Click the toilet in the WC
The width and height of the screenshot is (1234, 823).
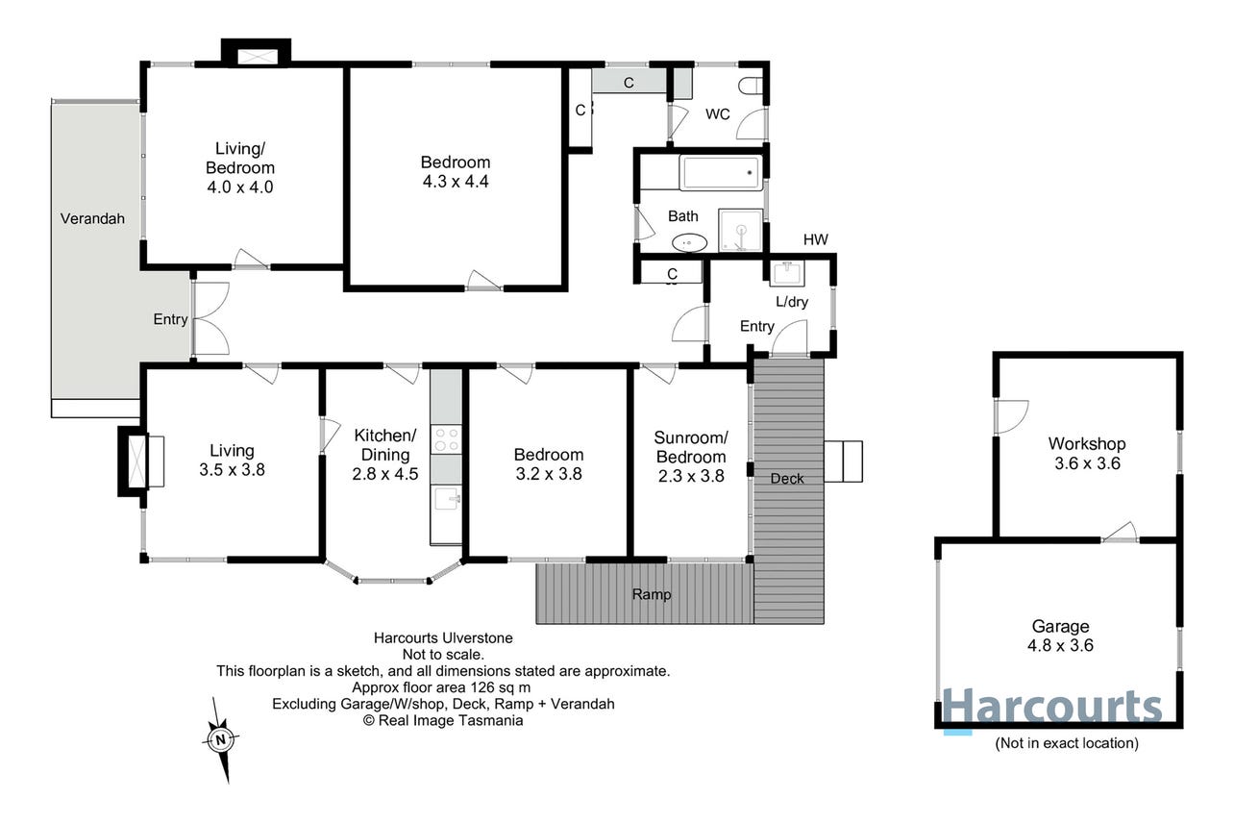tap(751, 86)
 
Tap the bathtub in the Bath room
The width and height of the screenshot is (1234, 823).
tap(721, 172)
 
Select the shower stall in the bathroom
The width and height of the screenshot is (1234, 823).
tap(740, 230)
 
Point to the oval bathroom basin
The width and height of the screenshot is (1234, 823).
tap(689, 242)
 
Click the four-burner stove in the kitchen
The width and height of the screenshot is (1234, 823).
tap(446, 439)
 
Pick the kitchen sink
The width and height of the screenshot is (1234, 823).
tap(446, 499)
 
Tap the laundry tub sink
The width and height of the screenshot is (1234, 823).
tap(786, 273)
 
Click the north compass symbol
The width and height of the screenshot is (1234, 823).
tap(221, 739)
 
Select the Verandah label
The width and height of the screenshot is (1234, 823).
tap(92, 219)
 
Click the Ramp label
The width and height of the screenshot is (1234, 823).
tap(652, 594)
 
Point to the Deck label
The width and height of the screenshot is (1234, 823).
tap(787, 479)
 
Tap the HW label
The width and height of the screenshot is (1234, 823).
tap(815, 239)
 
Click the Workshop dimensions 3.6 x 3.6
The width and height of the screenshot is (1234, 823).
tap(1087, 463)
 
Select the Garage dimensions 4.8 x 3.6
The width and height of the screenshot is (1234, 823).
tap(1060, 645)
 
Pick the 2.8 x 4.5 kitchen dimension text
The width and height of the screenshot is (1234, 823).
tap(385, 474)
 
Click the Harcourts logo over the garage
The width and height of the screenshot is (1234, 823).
tap(1052, 708)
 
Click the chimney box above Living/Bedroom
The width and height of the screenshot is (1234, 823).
tap(257, 52)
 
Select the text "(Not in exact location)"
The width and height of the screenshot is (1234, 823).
tap(1067, 743)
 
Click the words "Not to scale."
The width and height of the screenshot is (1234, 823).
tap(443, 655)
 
